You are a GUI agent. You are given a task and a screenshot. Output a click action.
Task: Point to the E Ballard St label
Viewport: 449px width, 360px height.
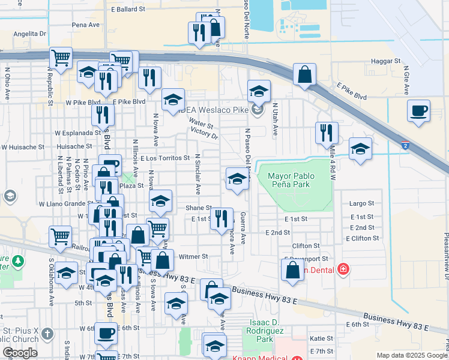coord(128,10)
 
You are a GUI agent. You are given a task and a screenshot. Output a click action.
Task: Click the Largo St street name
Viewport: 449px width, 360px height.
coord(361,204)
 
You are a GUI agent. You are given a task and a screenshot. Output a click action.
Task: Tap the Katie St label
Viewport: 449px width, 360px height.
coord(321,338)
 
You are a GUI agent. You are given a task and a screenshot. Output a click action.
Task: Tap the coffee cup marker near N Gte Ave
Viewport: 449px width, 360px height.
coord(418,110)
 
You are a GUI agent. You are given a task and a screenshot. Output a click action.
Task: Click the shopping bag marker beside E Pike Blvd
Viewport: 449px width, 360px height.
coord(305,75)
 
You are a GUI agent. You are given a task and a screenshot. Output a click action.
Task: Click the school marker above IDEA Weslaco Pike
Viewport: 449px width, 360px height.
coord(259,91)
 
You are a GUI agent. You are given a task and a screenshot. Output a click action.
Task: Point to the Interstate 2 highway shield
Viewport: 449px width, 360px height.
coord(405,145)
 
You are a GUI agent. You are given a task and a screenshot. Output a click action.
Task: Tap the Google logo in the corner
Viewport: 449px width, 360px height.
coord(20,353)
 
